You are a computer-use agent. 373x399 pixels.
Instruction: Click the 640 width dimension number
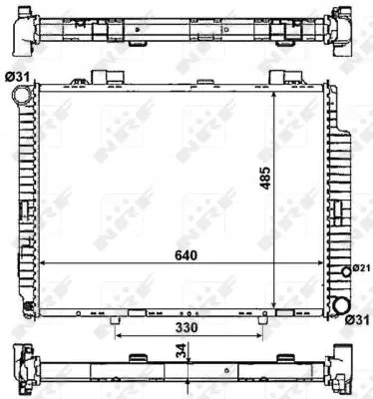pos(186,254)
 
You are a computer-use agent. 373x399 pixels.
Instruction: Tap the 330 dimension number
pos(188,325)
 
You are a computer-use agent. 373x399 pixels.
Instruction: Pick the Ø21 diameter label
pos(361,267)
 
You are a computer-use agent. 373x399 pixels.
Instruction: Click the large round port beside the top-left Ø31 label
pos(23,95)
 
